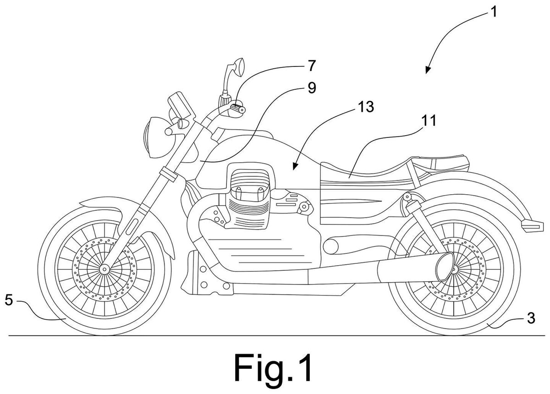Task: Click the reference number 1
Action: (493, 12)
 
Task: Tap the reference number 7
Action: (311, 66)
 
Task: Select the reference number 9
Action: (312, 88)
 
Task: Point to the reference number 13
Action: (366, 107)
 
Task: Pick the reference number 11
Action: (428, 120)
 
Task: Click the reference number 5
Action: (9, 300)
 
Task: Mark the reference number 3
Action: (531, 318)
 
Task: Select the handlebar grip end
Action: (242, 110)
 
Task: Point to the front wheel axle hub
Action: (104, 269)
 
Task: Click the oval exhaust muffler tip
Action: (444, 268)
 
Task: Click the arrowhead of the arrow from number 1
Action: (428, 70)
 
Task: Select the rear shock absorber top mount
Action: (407, 197)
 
